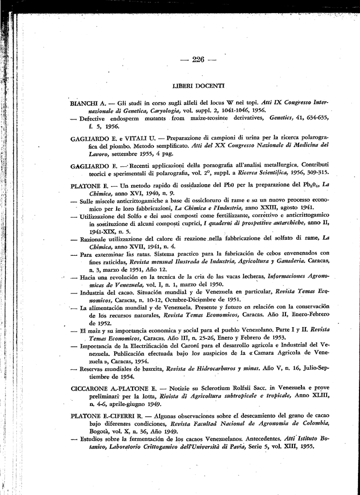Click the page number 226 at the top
[198, 59]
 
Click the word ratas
[138, 253]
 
